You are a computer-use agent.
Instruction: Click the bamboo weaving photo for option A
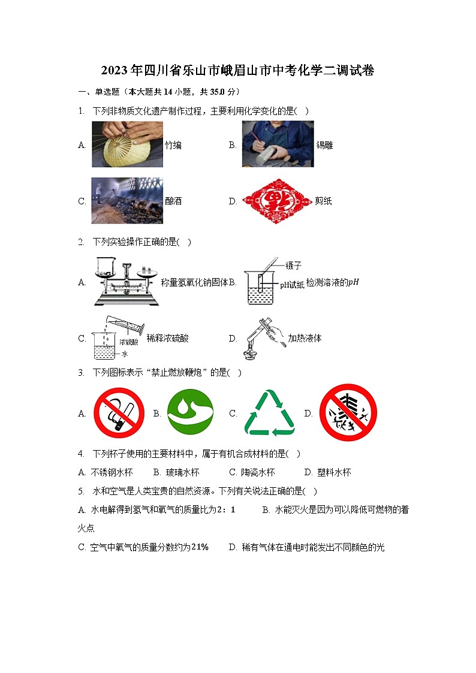point(127,144)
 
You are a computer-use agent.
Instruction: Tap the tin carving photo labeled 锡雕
point(278,144)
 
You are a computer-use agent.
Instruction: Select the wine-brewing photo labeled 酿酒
point(127,201)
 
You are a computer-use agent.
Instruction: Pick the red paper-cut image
point(277,201)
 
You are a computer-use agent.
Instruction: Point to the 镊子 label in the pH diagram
point(294,264)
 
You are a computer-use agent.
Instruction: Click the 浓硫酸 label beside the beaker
point(129,342)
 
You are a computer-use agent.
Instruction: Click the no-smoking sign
point(119,413)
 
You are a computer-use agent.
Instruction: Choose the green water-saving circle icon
point(190,413)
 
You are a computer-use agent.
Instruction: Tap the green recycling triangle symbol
point(269,413)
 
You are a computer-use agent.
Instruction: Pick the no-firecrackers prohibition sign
point(348,413)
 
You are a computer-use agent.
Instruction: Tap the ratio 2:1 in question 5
point(225,509)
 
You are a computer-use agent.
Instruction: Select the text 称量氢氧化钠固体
point(195,282)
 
